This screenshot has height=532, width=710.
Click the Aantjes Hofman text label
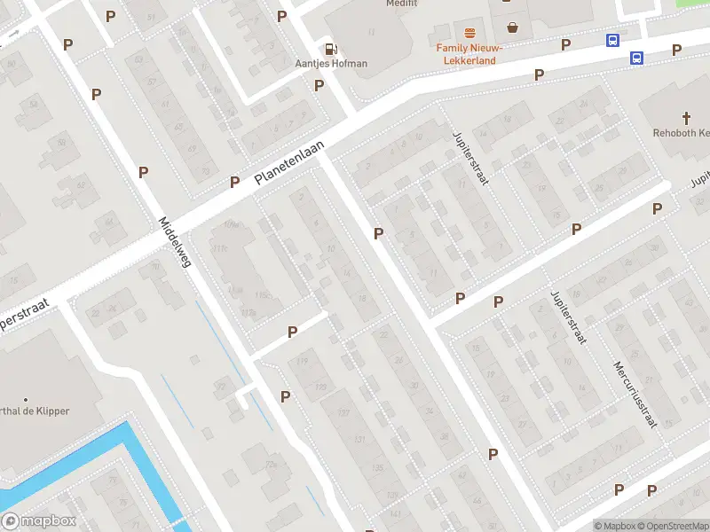(x=331, y=64)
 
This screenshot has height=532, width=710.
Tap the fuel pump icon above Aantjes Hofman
(x=331, y=50)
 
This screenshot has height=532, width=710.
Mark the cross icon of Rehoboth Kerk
(x=686, y=118)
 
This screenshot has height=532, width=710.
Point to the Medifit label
(x=402, y=4)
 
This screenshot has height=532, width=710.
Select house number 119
(x=302, y=360)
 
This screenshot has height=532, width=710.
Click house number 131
(x=359, y=440)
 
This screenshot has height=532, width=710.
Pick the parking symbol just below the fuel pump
(x=319, y=85)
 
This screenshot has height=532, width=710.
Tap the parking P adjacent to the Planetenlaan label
(x=235, y=182)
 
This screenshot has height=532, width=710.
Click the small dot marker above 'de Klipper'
(x=26, y=399)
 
